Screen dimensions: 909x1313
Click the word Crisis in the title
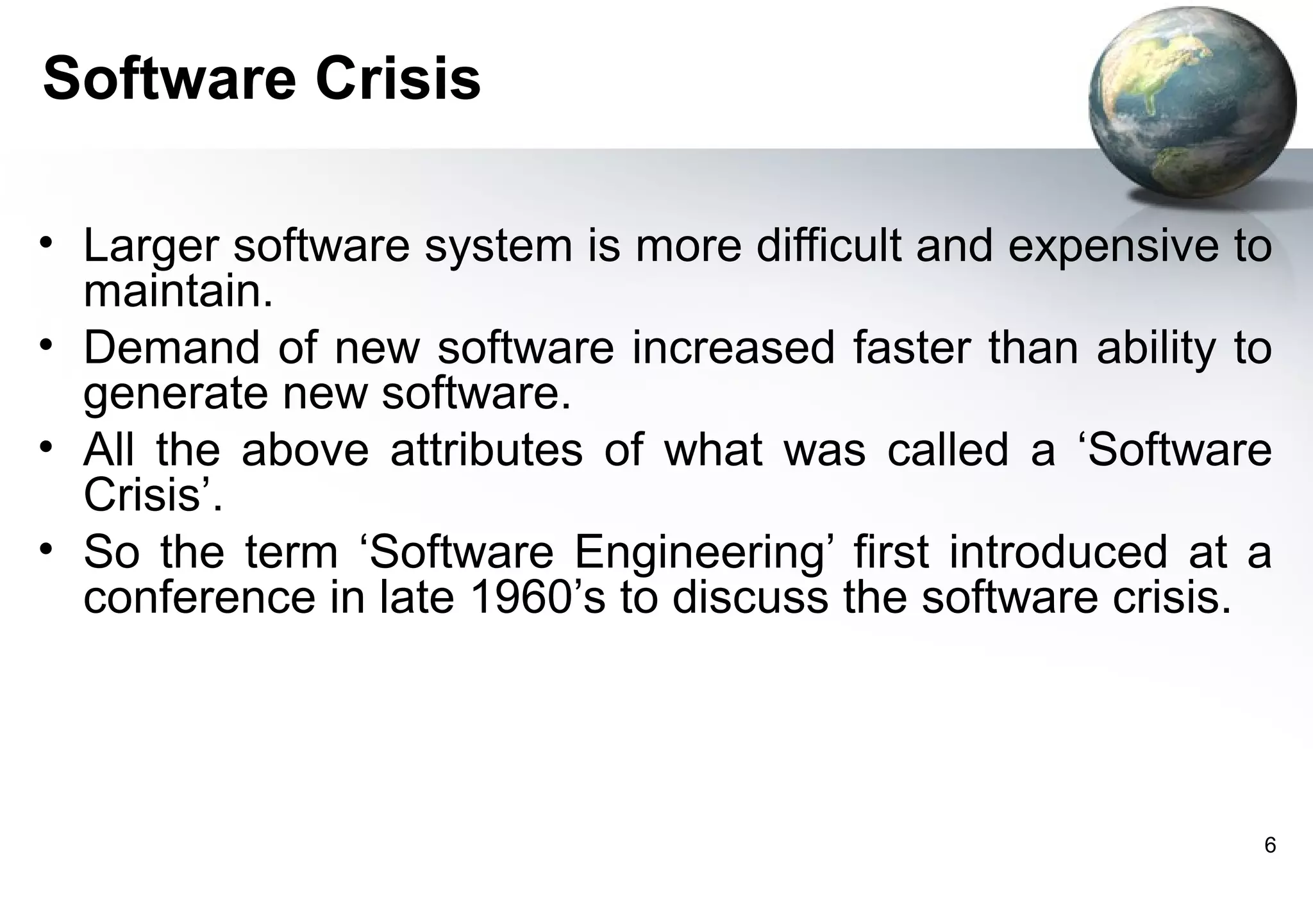coord(397,79)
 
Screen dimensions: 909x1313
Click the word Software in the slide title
coord(168,79)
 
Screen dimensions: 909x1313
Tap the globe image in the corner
coord(1191,103)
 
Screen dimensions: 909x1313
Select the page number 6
coord(1269,846)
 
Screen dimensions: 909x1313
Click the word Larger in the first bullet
coord(151,246)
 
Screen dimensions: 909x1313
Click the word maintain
coord(178,291)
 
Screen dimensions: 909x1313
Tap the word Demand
coord(171,347)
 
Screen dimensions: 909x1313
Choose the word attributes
coord(487,449)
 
